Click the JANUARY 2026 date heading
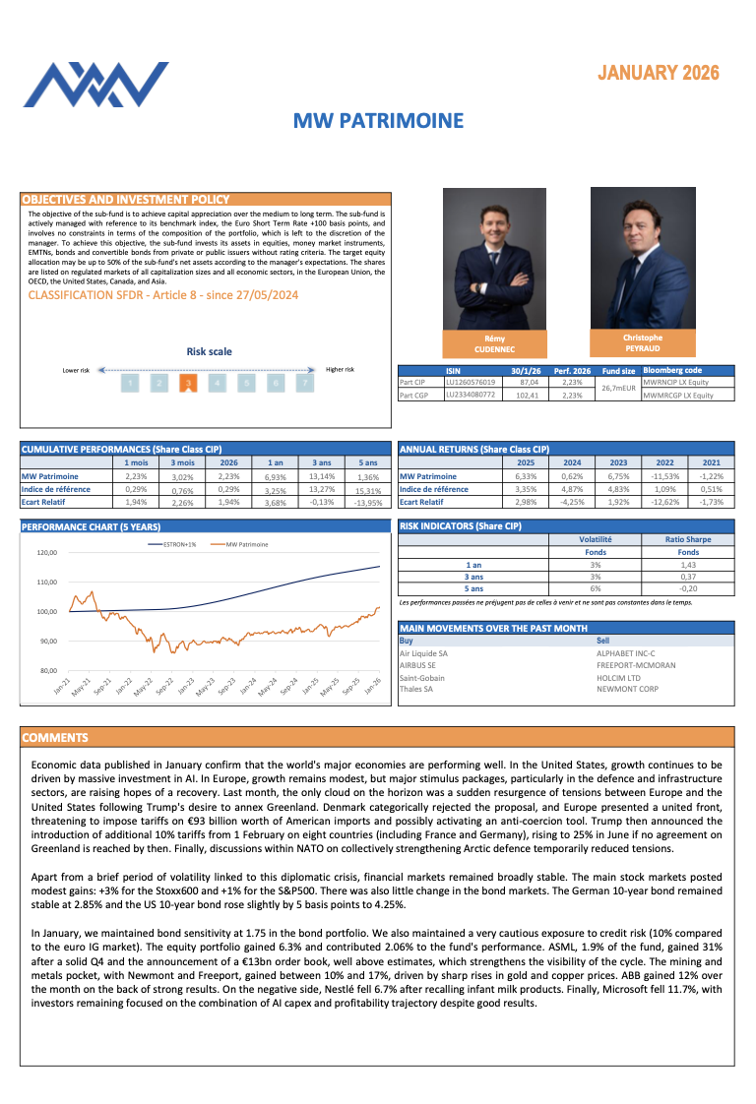(x=658, y=73)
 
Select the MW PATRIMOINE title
(x=378, y=121)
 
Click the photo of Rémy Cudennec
(x=494, y=259)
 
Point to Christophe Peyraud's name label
(x=643, y=343)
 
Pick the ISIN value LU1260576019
(x=472, y=382)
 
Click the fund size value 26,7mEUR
(x=619, y=388)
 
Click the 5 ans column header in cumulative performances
(x=367, y=462)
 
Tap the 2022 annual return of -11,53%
(x=665, y=476)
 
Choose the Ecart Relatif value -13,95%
(x=367, y=502)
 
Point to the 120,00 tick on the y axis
(x=47, y=552)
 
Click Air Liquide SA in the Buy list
(x=423, y=653)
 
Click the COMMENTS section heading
(x=55, y=737)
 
